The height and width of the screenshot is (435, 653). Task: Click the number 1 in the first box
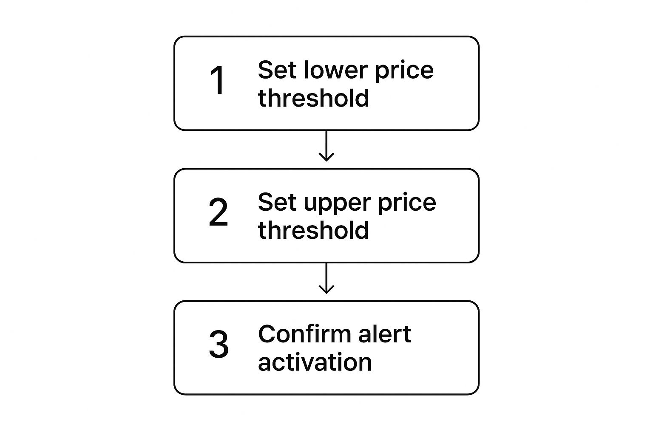tap(218, 81)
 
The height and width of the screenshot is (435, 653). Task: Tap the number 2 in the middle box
tap(218, 212)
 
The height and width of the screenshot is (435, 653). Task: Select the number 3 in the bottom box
tap(219, 344)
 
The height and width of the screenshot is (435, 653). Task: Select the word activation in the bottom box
tap(315, 362)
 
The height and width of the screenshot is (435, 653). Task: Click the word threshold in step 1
tap(313, 98)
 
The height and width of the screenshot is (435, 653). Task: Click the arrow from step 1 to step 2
tap(326, 144)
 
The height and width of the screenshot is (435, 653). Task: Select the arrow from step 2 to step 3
tap(326, 277)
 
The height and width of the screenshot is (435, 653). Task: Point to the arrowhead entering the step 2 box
tap(326, 158)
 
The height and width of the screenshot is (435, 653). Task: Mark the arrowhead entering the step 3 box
tap(326, 290)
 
